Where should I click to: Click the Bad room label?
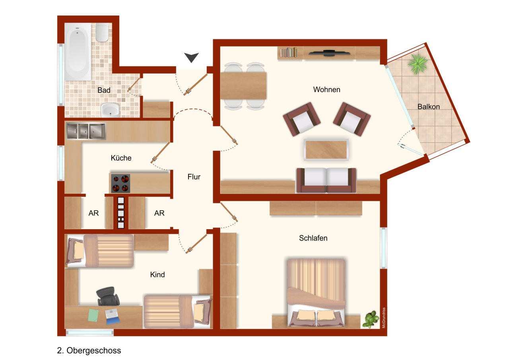point(104,90)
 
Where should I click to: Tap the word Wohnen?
point(326,90)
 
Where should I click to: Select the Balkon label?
point(428,107)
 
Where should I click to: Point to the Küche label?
point(121,158)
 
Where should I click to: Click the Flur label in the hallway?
point(194,177)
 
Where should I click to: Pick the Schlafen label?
point(313,238)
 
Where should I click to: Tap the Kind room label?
point(157,274)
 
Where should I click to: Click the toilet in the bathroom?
point(102,33)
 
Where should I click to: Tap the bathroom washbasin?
point(110,110)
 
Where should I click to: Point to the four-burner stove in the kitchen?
point(120,183)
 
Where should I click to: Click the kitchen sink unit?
point(86,131)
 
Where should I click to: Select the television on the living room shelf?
point(329,53)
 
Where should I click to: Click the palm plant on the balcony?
point(418,63)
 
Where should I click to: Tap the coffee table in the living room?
point(326,150)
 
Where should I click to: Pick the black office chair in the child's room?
point(108,296)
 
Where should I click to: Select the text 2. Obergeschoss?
point(89,350)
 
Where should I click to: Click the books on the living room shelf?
point(289,52)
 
